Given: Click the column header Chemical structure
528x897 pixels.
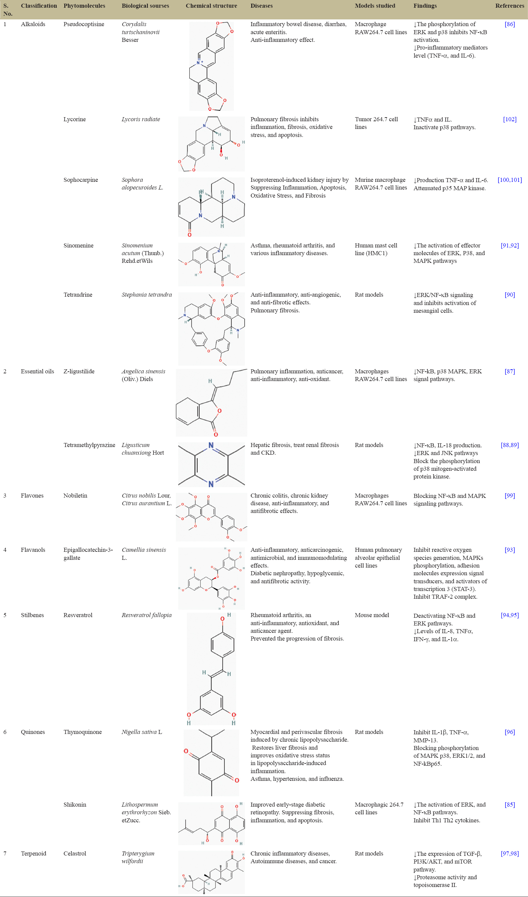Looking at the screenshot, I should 211,6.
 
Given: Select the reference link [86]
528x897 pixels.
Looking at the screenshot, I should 510,24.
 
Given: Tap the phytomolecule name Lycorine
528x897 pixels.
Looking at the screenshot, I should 74,119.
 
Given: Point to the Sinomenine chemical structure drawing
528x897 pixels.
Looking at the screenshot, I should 211,264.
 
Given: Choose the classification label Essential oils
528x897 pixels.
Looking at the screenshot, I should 38,371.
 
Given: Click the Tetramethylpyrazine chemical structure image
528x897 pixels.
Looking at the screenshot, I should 211,464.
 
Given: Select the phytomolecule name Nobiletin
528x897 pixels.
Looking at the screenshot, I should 75,496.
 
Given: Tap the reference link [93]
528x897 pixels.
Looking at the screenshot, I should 510,550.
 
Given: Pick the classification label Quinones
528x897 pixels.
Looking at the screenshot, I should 33,732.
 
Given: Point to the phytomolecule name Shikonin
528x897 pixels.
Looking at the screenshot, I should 75,805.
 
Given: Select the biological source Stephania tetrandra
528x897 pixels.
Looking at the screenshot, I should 146,295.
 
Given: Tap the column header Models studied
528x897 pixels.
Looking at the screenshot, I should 375,6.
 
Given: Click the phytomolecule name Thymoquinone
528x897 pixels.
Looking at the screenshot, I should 83,732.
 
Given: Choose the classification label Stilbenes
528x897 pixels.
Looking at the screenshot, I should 32,615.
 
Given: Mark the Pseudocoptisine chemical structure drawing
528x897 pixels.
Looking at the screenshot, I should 211,66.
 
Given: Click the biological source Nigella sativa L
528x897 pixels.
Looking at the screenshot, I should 142,732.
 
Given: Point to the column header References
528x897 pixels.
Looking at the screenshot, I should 510,6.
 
